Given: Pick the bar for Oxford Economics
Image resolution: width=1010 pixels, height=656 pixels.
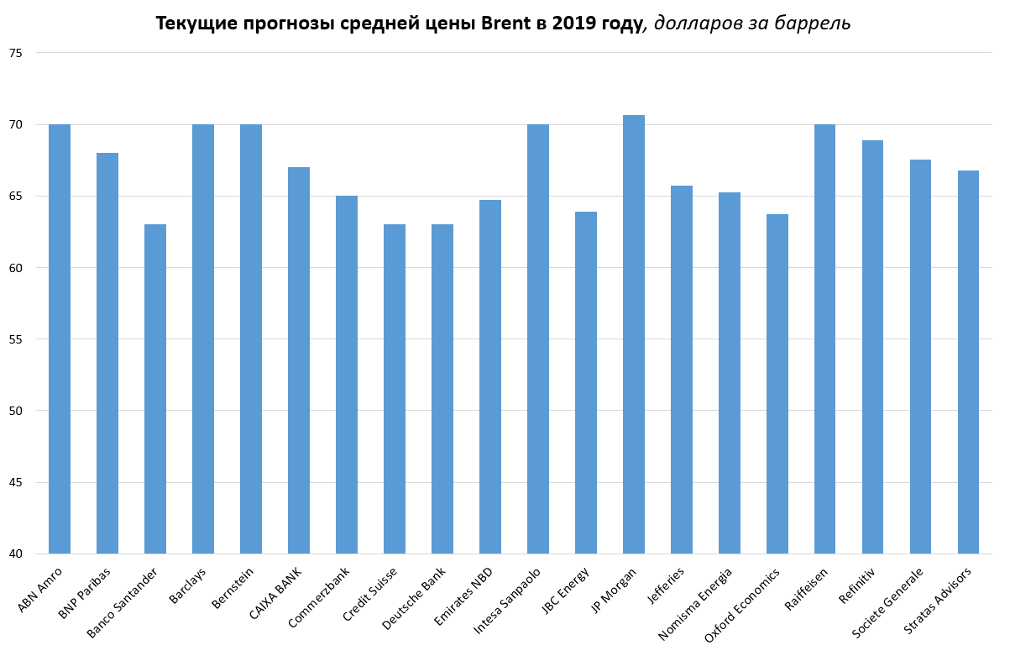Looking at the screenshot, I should (x=777, y=384).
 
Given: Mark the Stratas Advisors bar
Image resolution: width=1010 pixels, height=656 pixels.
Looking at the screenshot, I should (x=969, y=362).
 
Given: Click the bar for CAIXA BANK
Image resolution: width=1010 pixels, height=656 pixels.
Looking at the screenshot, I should (x=299, y=360).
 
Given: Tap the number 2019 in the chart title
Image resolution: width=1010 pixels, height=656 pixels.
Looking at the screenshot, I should (x=573, y=24).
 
